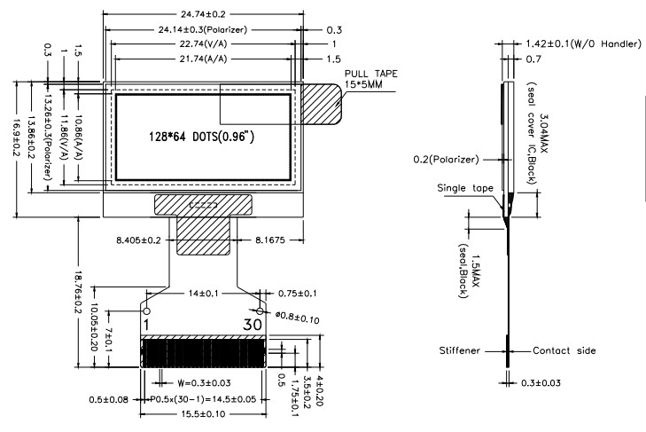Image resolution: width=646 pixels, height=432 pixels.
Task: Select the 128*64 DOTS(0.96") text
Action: tap(199, 137)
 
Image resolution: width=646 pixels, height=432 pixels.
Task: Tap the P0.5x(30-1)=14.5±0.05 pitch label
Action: tap(204, 400)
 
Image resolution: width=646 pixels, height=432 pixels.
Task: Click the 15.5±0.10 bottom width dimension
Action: tap(203, 416)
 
